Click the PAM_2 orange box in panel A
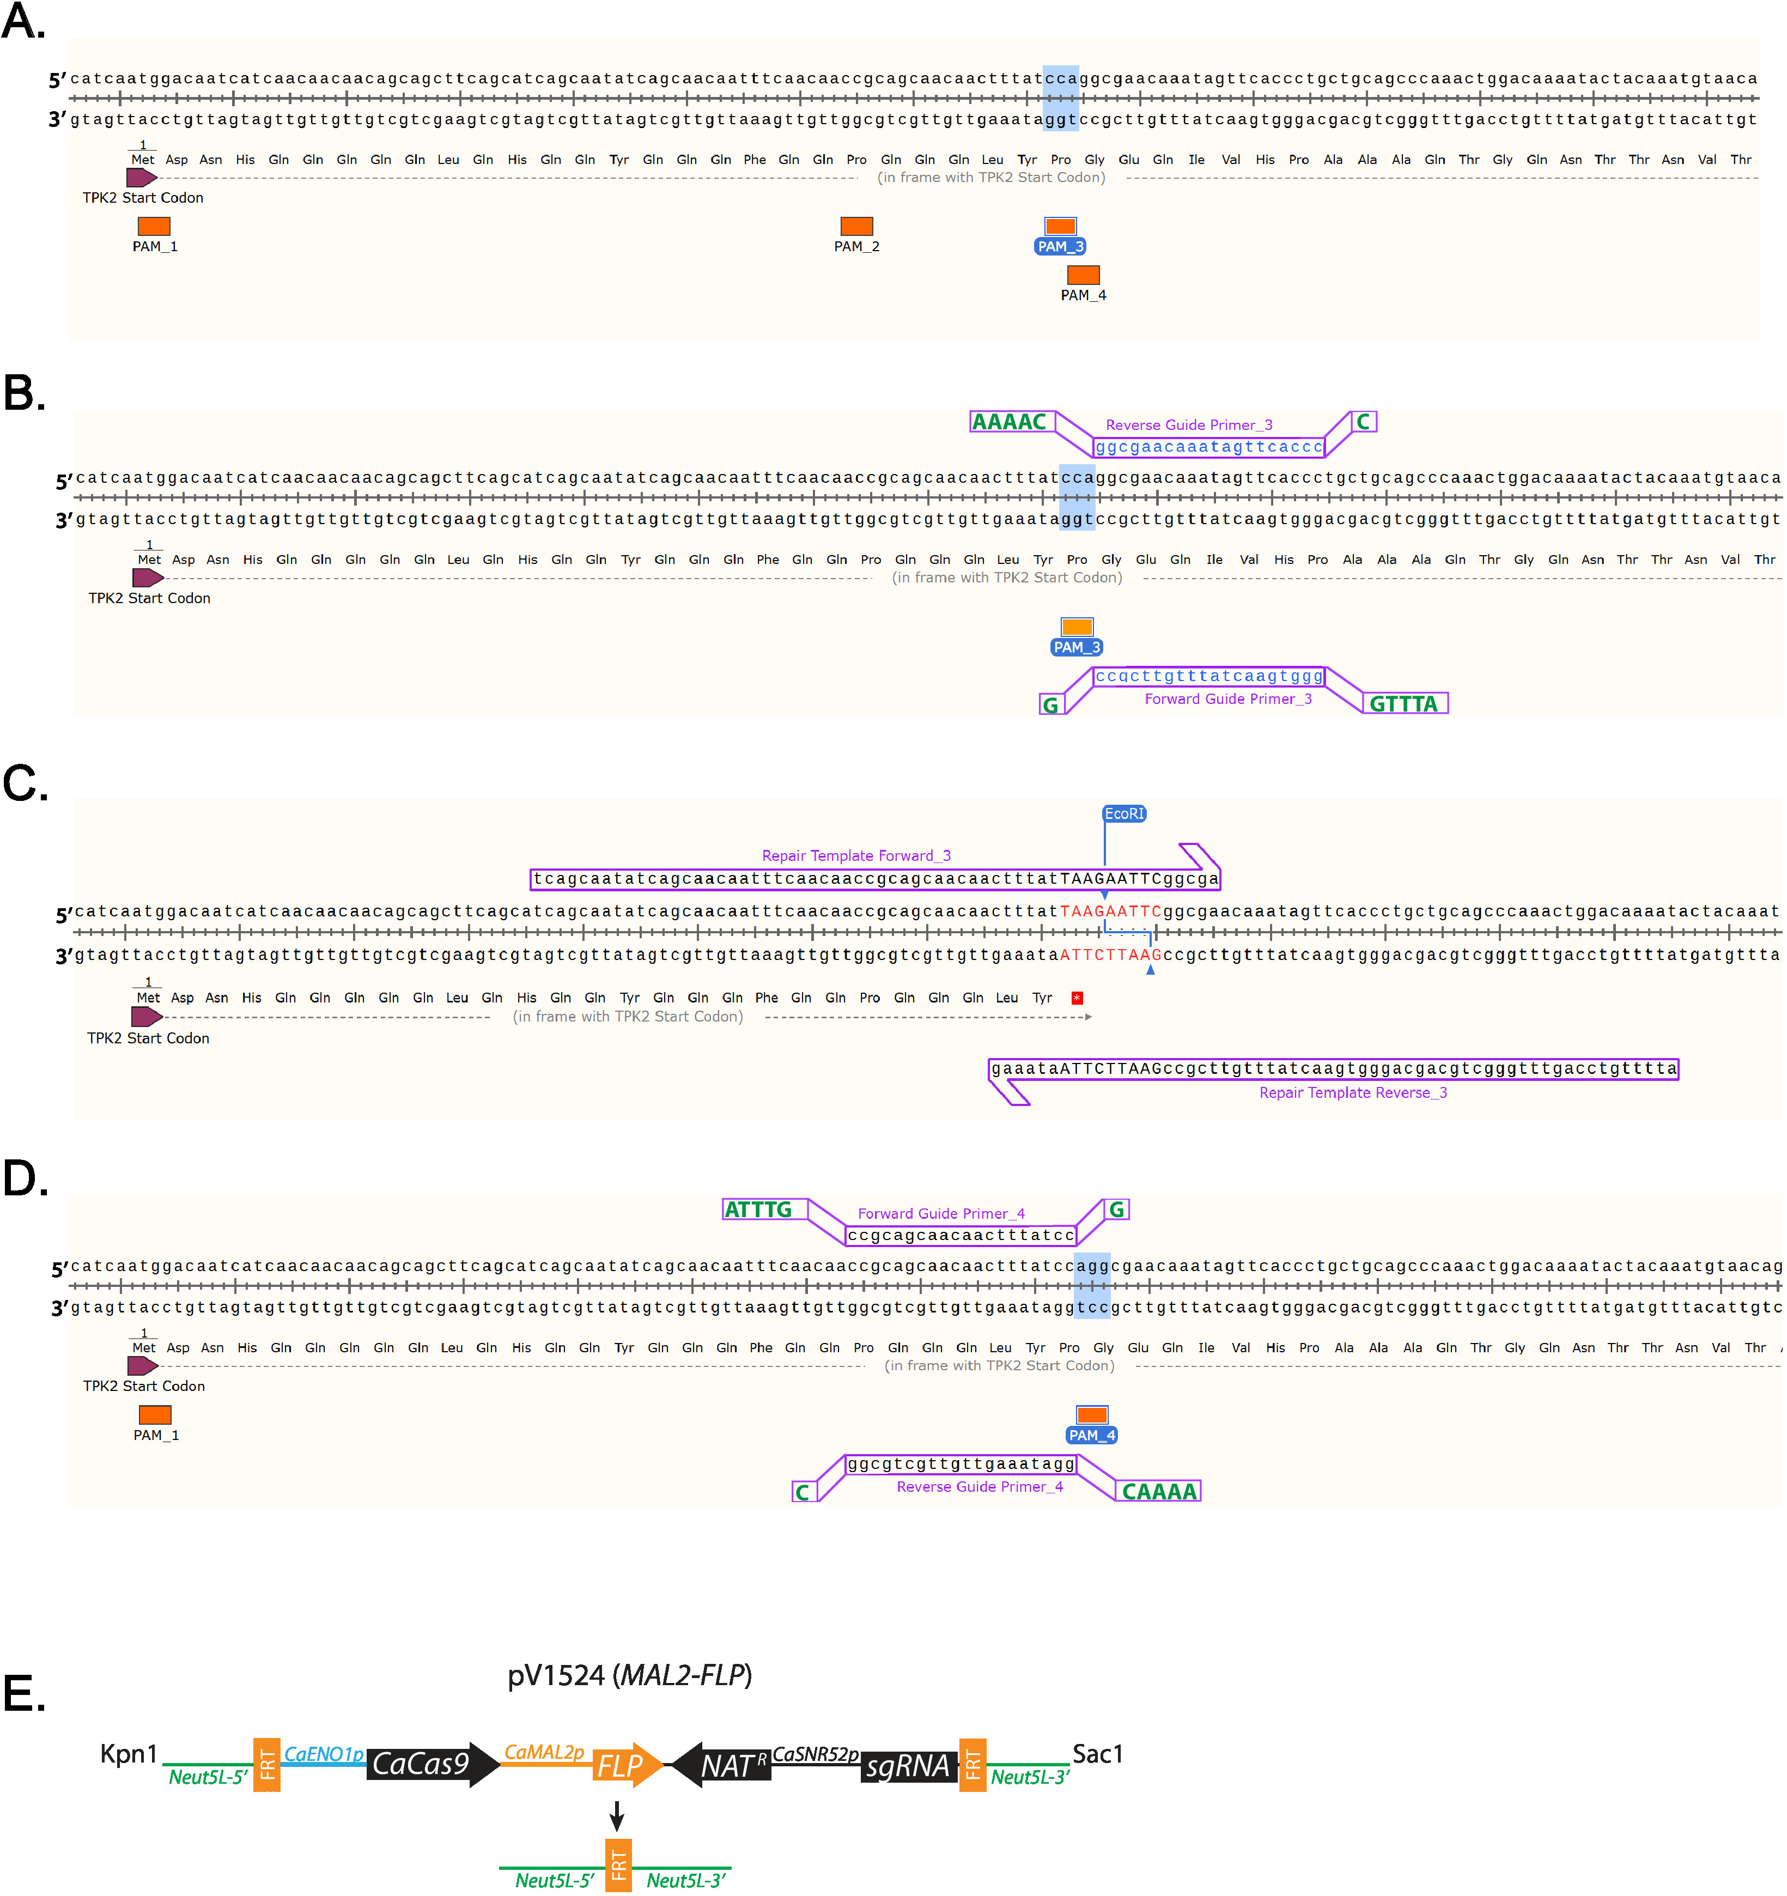click(x=856, y=226)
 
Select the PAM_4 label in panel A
click(x=1083, y=296)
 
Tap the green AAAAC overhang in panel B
click(x=1009, y=422)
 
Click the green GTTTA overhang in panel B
click(x=1403, y=704)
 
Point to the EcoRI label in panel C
click(x=1125, y=813)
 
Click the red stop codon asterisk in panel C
click(x=1077, y=998)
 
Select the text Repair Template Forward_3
click(x=856, y=855)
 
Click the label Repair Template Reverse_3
click(x=1353, y=1093)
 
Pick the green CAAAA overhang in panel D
click(x=1159, y=1492)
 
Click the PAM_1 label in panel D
click(x=156, y=1436)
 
